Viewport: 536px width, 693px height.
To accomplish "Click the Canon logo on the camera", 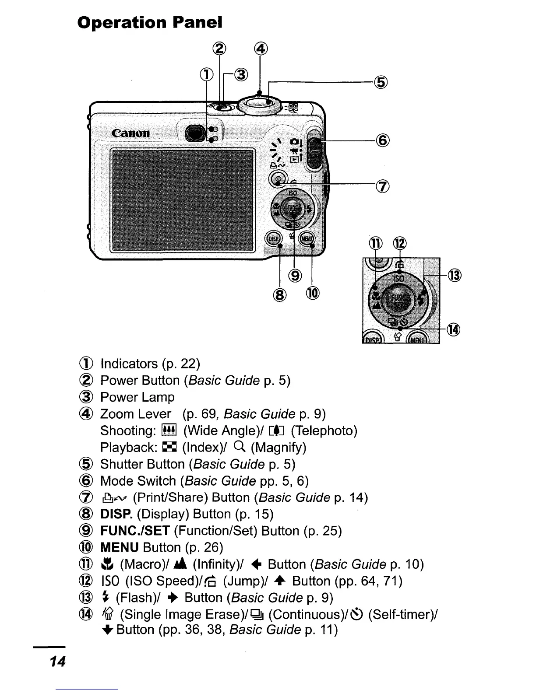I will pyautogui.click(x=130, y=133).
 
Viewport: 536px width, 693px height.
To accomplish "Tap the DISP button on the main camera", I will pyautogui.click(x=274, y=238).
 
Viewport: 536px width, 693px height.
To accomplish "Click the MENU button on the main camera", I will pyautogui.click(x=307, y=238).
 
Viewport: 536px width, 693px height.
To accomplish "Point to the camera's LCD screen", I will pyautogui.click(x=183, y=199).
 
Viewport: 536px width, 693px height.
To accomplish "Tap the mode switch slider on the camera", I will pyautogui.click(x=313, y=148).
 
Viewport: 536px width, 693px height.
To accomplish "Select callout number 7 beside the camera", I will pyautogui.click(x=382, y=187).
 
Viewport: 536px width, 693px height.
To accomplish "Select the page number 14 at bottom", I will pyautogui.click(x=57, y=661).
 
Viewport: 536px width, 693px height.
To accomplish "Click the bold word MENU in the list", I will pyautogui.click(x=119, y=547).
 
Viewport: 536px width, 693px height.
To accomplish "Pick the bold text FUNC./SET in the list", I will pyautogui.click(x=134, y=531).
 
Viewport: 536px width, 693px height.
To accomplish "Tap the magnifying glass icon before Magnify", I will pyautogui.click(x=239, y=447).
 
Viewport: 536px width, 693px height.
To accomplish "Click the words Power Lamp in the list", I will pyautogui.click(x=137, y=397).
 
